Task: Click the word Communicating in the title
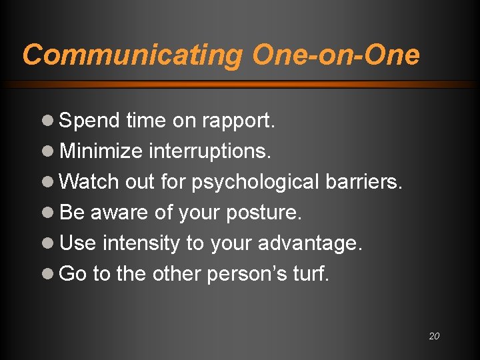[x=133, y=55]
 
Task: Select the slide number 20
[x=434, y=336]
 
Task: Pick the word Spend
[x=89, y=121]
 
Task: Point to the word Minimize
[x=101, y=151]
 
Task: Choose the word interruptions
[x=209, y=151]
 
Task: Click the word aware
[x=116, y=213]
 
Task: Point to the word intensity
[x=141, y=243]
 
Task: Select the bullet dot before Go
[x=48, y=274]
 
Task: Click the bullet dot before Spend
[x=48, y=121]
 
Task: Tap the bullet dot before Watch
[x=48, y=182]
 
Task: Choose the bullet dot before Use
[x=48, y=243]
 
